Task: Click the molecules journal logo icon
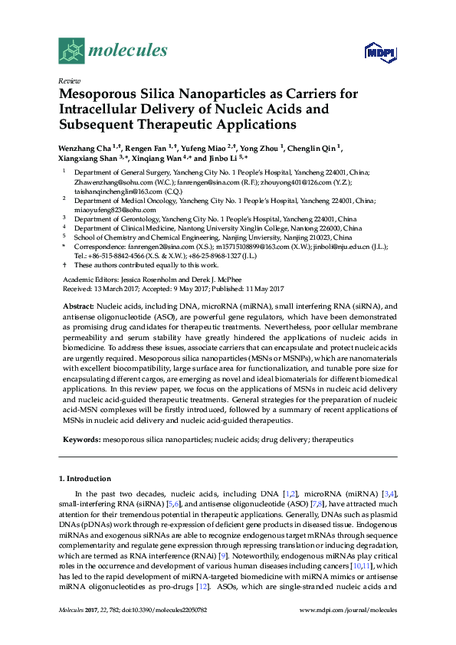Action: tap(71, 51)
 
